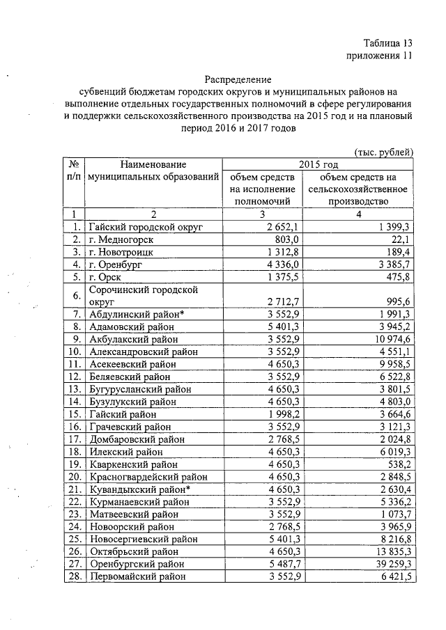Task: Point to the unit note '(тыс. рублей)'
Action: tap(385, 152)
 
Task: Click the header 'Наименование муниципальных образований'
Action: tap(153, 171)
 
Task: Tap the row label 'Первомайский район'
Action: tap(137, 577)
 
